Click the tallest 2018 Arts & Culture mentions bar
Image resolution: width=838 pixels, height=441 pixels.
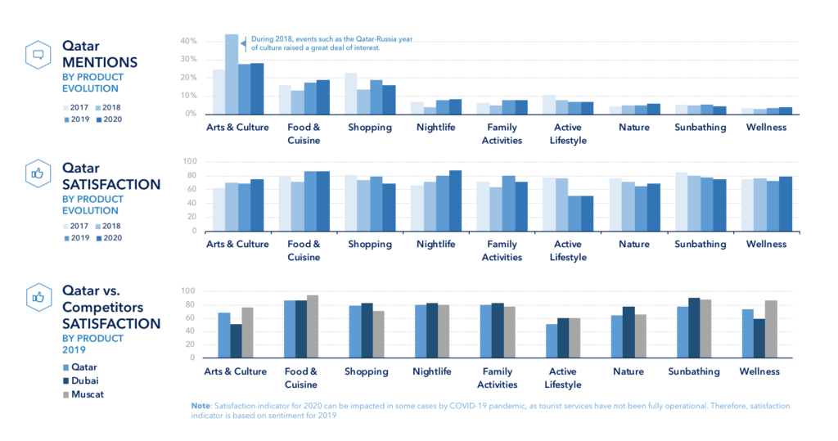click(x=232, y=74)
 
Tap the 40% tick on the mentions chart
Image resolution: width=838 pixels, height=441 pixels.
click(x=189, y=41)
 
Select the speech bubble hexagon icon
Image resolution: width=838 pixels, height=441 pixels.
click(x=38, y=55)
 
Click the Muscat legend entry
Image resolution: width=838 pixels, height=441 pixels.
click(x=83, y=394)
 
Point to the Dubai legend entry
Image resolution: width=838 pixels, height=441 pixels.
click(x=81, y=380)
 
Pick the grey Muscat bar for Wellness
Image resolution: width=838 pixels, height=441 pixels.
click(x=771, y=329)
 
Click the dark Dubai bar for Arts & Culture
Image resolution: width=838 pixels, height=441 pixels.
click(x=236, y=341)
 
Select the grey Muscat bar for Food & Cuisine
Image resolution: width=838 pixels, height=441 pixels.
click(x=312, y=326)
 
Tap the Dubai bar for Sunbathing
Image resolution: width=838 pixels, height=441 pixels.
click(x=694, y=327)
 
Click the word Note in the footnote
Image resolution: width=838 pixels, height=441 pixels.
click(x=200, y=406)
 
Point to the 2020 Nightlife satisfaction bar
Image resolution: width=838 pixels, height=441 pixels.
click(x=455, y=201)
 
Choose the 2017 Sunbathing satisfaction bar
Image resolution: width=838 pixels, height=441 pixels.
click(x=681, y=202)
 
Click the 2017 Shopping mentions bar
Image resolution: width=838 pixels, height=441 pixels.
click(x=350, y=93)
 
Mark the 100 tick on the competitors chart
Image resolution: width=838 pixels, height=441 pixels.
click(x=188, y=291)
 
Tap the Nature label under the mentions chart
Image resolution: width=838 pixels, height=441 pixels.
click(x=634, y=127)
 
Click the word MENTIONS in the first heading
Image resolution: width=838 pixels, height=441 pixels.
click(x=100, y=62)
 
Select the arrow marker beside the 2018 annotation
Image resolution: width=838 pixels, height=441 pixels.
click(x=244, y=44)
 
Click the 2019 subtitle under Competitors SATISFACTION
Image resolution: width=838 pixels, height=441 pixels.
click(x=74, y=350)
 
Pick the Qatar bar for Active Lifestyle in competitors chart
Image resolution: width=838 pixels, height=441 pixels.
click(x=551, y=341)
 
